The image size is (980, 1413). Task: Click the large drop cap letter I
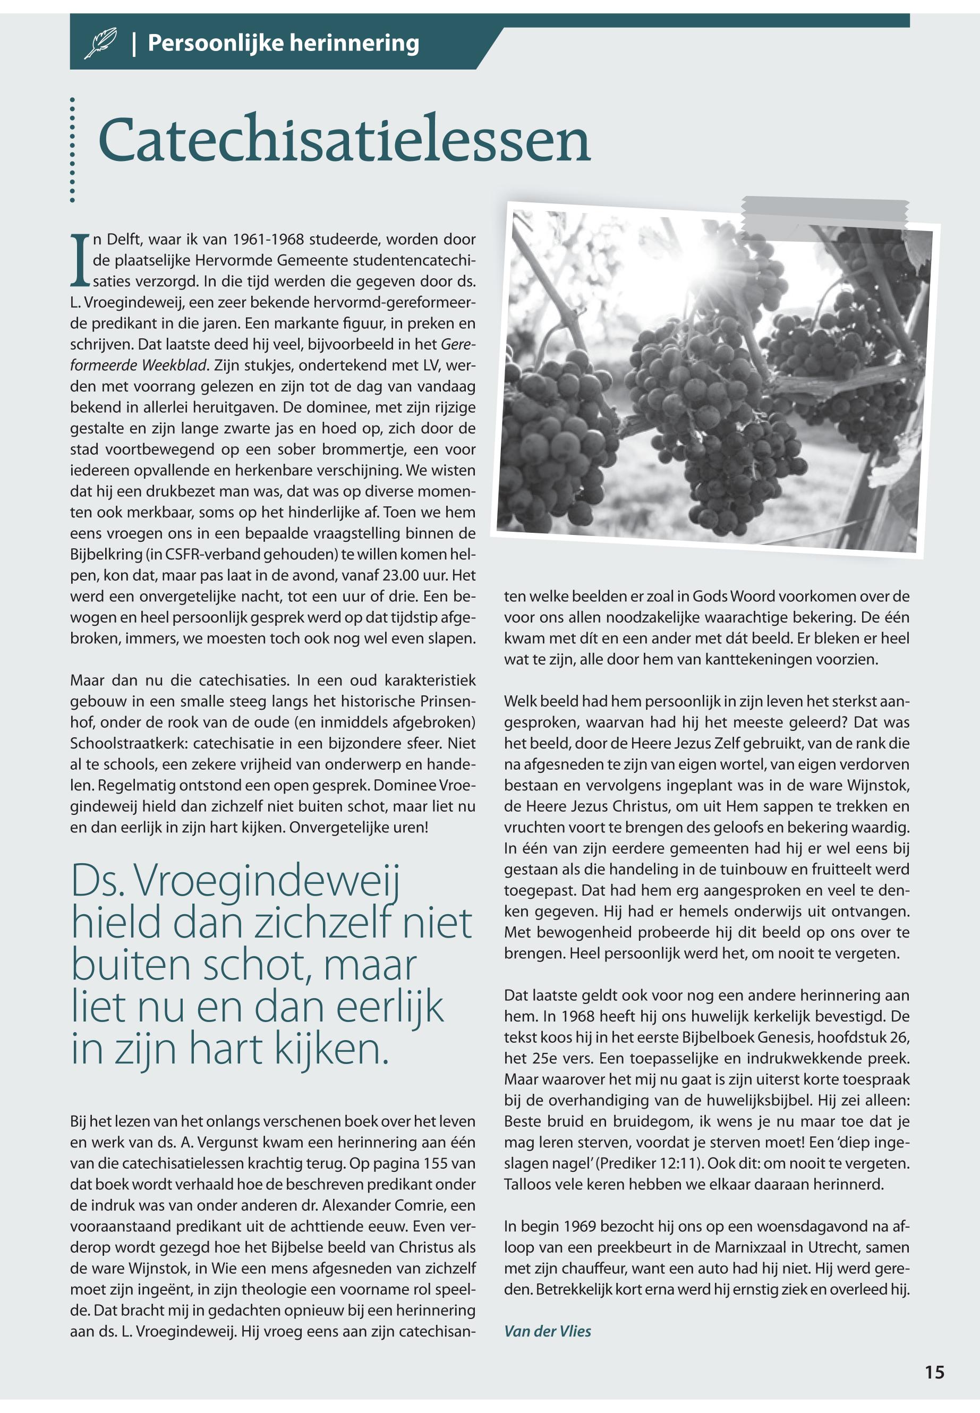click(x=80, y=260)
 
